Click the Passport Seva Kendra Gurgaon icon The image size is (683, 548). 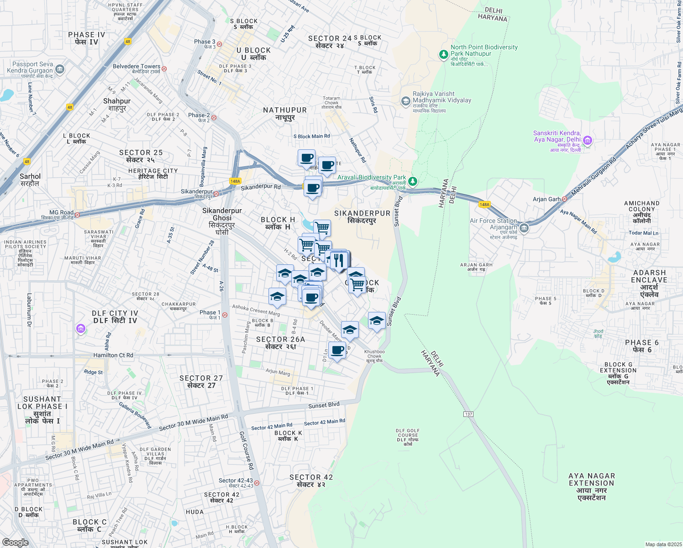point(60,70)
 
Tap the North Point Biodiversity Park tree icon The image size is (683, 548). point(443,55)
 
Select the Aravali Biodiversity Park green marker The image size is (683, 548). point(413,181)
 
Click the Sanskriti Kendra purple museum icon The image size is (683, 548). point(588,140)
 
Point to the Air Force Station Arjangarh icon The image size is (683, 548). point(524,227)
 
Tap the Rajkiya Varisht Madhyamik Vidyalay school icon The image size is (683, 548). point(405,101)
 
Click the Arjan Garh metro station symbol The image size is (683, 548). point(565,199)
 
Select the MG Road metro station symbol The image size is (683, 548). point(78,215)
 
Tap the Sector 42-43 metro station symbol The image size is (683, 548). point(257,483)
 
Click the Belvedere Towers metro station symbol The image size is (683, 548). point(164,68)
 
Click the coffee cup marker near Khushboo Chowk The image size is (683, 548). point(337,351)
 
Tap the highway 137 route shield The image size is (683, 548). point(468,414)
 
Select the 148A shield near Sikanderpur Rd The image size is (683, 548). point(235,181)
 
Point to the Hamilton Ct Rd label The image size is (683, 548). point(113,355)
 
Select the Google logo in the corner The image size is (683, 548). point(16,542)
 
